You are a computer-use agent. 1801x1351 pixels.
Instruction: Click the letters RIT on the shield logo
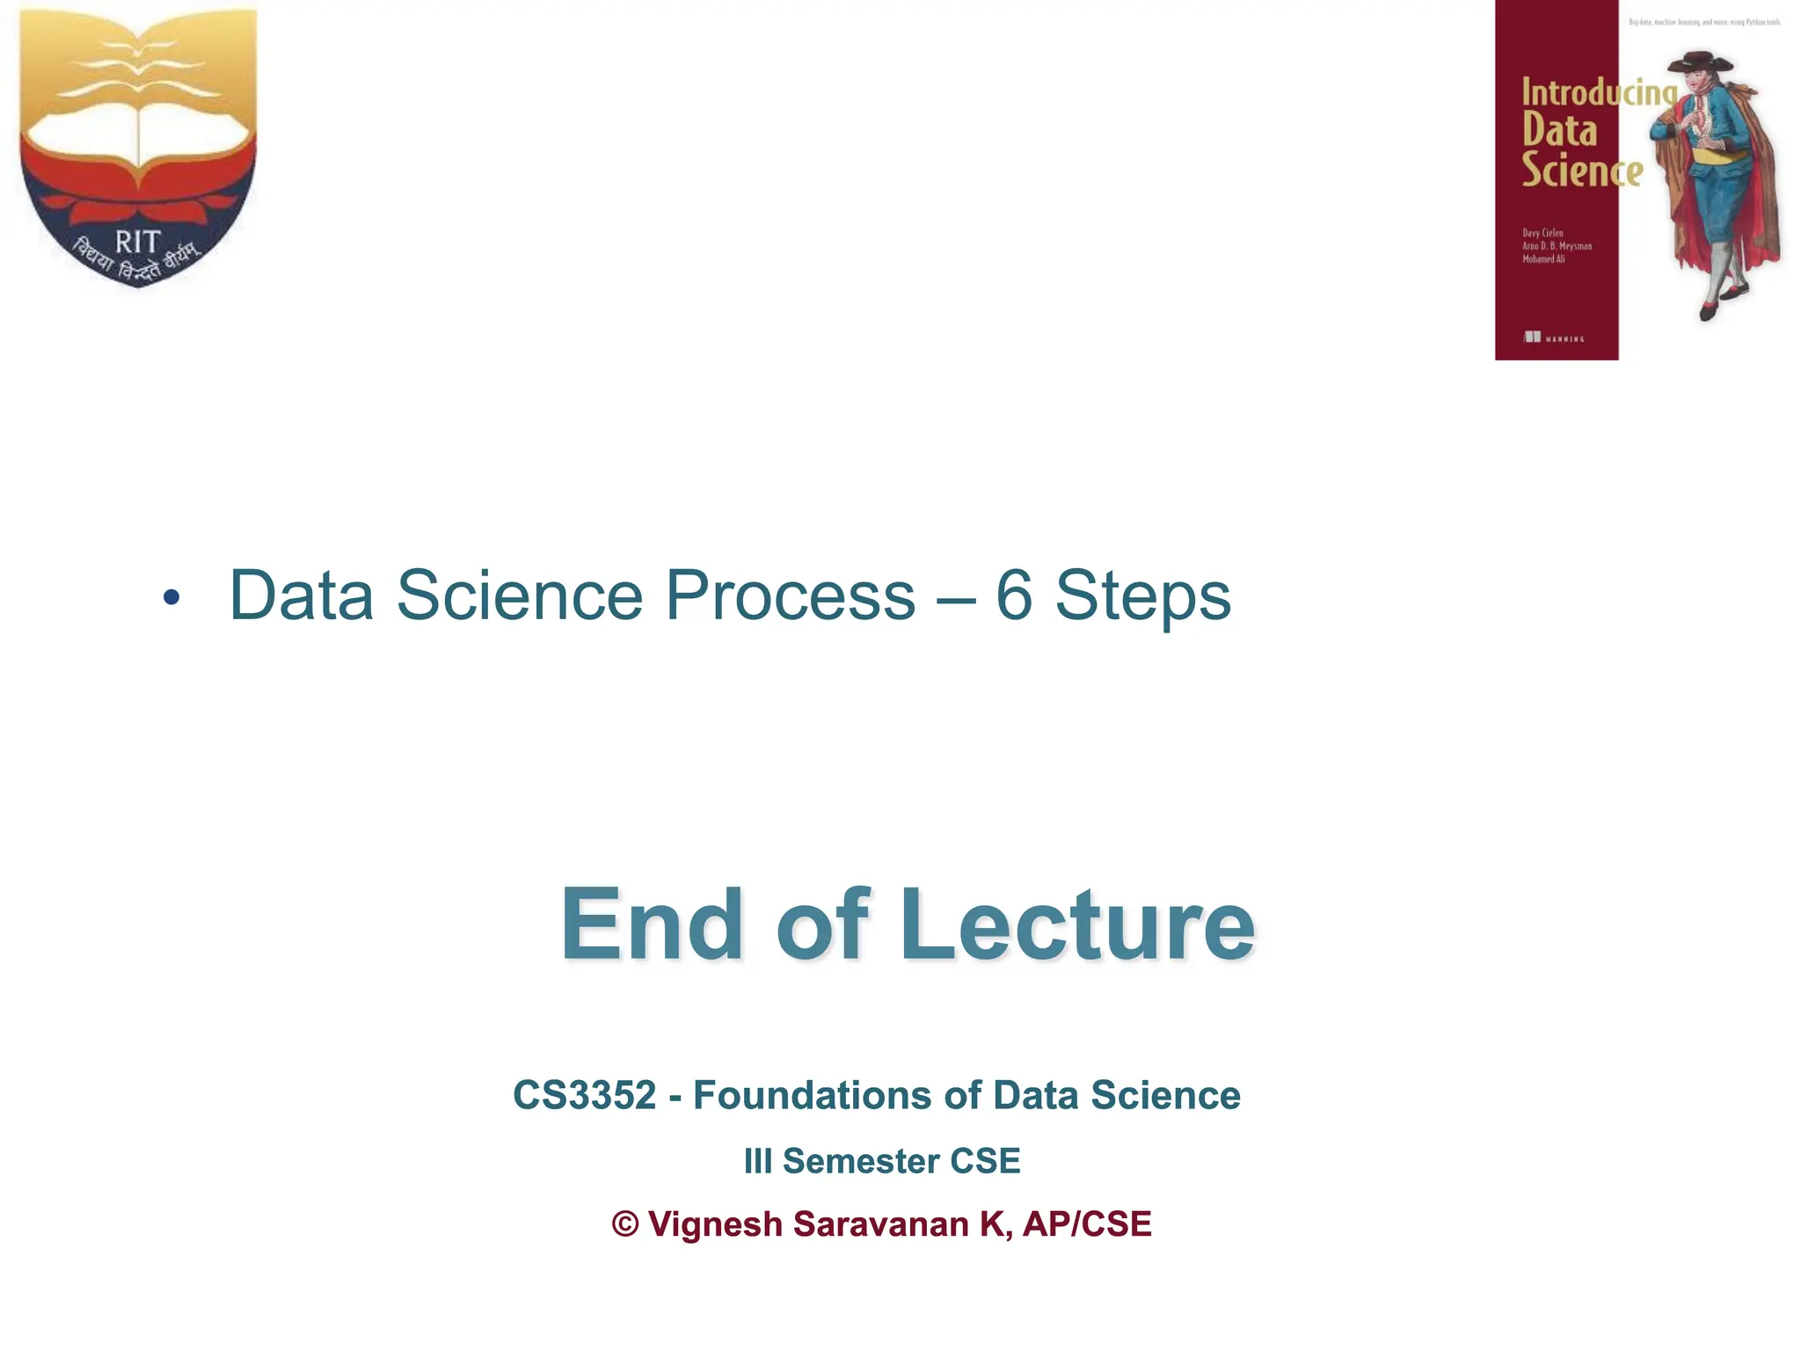[x=137, y=241]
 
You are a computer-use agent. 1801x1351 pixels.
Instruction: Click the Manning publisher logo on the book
[x=1553, y=337]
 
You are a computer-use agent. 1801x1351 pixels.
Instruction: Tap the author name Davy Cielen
[x=1542, y=233]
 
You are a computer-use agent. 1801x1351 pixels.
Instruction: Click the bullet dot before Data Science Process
[x=171, y=598]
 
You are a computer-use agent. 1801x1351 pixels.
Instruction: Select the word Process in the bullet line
[x=789, y=596]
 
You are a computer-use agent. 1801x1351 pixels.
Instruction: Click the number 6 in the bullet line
[x=1014, y=596]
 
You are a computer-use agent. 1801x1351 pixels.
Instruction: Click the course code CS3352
[x=585, y=1096]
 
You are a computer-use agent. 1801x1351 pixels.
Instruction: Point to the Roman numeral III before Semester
[x=757, y=1161]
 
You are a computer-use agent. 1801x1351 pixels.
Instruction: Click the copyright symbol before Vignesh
[x=625, y=1224]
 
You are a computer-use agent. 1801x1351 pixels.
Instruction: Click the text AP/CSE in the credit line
[x=1087, y=1224]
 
